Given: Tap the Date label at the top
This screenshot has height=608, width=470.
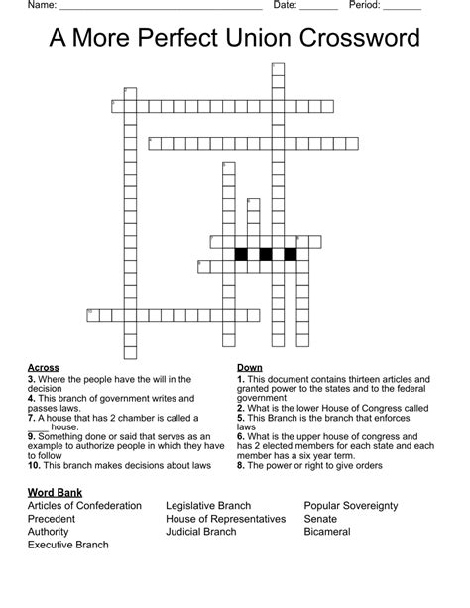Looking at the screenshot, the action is pyautogui.click(x=285, y=5).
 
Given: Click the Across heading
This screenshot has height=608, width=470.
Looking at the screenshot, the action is pyautogui.click(x=44, y=368).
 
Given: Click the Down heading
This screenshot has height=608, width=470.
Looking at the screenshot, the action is pyautogui.click(x=250, y=368).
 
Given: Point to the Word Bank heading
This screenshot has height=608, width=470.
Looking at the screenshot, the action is pyautogui.click(x=55, y=492).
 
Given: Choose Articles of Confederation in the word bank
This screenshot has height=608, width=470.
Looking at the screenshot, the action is pyautogui.click(x=84, y=506).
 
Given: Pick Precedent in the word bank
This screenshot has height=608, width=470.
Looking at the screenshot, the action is pyautogui.click(x=52, y=519).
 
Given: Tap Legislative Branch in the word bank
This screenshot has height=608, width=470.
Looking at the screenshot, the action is pyautogui.click(x=208, y=506).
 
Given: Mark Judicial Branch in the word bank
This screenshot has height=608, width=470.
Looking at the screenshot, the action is pyautogui.click(x=201, y=532).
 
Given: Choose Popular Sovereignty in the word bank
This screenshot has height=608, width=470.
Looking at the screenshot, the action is pyautogui.click(x=351, y=506).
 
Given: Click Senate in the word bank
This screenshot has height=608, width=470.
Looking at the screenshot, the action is pyautogui.click(x=320, y=519).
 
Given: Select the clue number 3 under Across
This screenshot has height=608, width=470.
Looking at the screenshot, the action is pyautogui.click(x=31, y=379).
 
